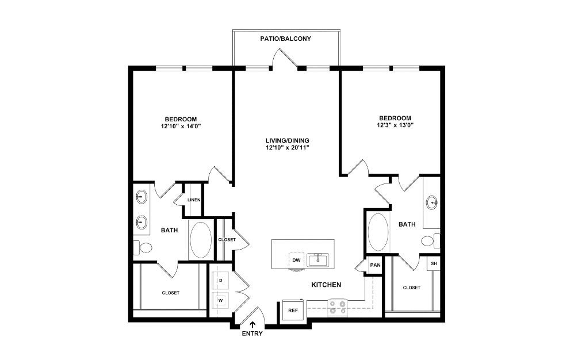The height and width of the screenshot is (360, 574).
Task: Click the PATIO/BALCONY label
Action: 286,39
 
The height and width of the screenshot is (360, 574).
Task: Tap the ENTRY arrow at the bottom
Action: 252,325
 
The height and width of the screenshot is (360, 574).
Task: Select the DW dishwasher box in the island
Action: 297,260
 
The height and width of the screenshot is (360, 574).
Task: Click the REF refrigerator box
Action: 293,311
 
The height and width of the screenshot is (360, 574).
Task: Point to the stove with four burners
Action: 337,308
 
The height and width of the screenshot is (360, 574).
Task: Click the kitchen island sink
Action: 317,259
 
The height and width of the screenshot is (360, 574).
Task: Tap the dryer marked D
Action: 220,281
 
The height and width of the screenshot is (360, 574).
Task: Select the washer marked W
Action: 220,300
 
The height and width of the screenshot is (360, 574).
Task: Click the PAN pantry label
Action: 375,265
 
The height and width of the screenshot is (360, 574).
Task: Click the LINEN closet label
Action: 194,200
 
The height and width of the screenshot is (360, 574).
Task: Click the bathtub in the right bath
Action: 378,232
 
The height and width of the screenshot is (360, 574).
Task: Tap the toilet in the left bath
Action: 145,248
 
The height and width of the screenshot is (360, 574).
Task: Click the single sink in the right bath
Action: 433,202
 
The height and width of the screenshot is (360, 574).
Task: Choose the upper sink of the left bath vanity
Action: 141,197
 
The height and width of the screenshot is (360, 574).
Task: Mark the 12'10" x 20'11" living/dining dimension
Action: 288,147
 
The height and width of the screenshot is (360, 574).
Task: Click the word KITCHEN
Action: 326,285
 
